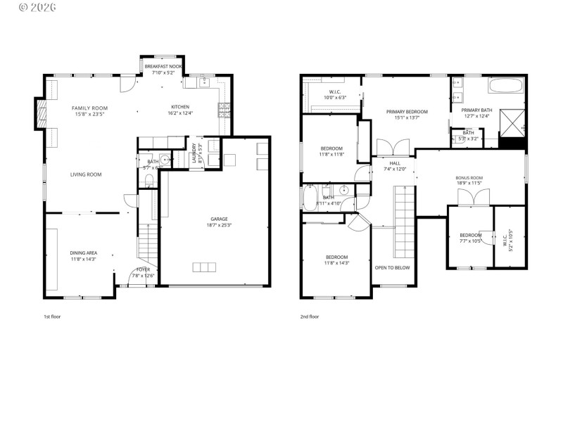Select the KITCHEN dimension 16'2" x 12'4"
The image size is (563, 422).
180,113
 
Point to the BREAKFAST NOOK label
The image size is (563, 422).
164,65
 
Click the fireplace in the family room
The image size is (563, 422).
42,112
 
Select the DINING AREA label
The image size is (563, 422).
83,252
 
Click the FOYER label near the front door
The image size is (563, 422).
143,269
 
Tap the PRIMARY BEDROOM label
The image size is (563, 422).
407,111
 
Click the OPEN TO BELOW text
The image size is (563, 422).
392,267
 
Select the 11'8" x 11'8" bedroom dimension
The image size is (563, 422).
331,154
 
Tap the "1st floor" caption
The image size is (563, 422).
52,316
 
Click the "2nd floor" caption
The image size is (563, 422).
310,316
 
